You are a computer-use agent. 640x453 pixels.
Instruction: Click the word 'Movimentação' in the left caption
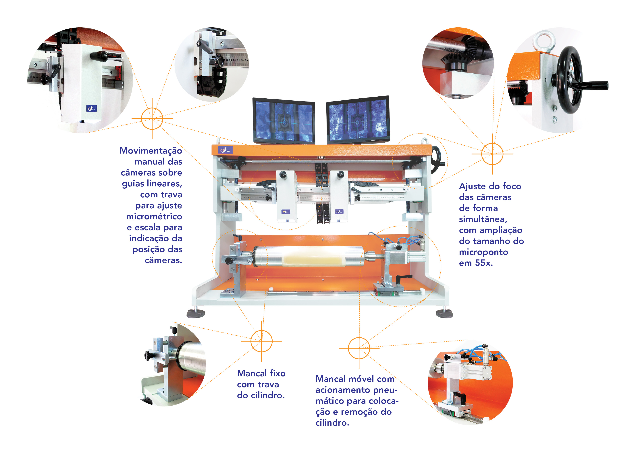click(151, 151)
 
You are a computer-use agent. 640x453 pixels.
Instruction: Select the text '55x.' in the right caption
click(484, 263)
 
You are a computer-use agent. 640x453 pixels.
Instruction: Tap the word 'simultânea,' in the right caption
click(483, 219)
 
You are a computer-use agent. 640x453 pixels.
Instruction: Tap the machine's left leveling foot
click(196, 313)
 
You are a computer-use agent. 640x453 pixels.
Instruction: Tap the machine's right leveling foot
click(444, 313)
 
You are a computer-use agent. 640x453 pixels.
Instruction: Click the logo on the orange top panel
click(225, 150)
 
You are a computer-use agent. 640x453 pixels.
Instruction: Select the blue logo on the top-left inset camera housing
click(91, 108)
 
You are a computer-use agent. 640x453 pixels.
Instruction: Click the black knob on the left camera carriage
click(283, 175)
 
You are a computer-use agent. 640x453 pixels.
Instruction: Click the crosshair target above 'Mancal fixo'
click(261, 341)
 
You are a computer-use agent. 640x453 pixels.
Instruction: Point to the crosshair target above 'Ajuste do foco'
click(492, 154)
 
